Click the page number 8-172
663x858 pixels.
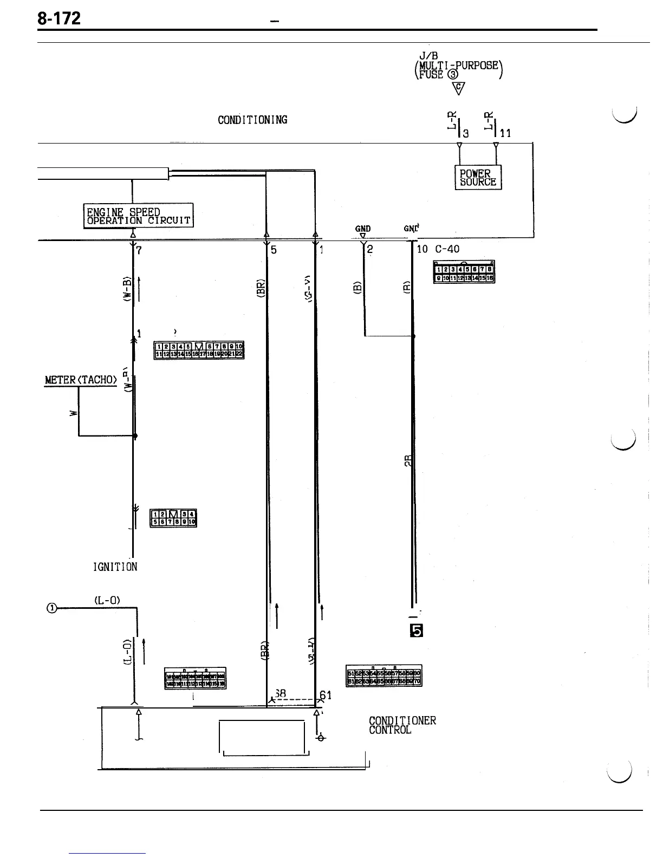(x=59, y=19)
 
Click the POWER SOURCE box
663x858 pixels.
(x=478, y=178)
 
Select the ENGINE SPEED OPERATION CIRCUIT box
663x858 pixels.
(x=139, y=216)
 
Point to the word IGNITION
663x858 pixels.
(x=115, y=567)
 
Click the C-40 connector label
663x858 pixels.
(x=447, y=250)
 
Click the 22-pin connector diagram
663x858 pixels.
(x=199, y=350)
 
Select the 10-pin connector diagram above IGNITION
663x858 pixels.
(x=173, y=518)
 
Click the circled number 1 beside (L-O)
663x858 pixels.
(x=51, y=608)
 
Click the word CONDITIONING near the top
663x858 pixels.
(x=252, y=120)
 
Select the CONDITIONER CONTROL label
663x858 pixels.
(x=402, y=725)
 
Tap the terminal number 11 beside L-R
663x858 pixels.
(x=505, y=133)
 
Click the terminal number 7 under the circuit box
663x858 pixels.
(x=139, y=250)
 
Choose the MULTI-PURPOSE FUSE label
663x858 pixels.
(x=458, y=69)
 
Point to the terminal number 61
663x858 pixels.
(x=326, y=695)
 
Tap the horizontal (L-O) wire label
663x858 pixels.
(x=107, y=600)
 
